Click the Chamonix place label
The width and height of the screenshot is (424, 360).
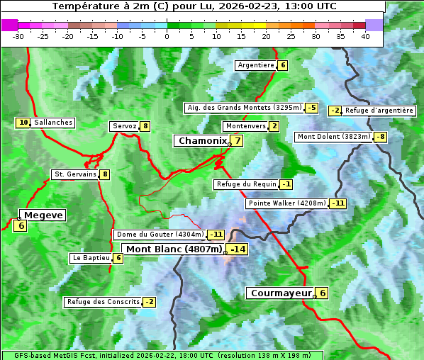(202, 141)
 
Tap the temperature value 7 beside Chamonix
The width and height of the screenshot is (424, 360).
(238, 140)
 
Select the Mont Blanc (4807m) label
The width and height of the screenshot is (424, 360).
(174, 249)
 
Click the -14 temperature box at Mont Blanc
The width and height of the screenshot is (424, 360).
(237, 249)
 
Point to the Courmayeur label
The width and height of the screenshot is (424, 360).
(281, 293)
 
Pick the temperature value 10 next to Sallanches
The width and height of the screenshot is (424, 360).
(23, 123)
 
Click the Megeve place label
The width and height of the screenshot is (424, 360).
(44, 215)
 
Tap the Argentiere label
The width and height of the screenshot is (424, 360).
(256, 65)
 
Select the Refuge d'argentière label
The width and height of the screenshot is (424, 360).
(379, 111)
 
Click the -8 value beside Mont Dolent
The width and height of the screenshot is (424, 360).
(381, 137)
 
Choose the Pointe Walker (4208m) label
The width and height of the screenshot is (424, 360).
(287, 203)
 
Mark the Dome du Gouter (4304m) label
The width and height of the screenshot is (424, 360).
(160, 235)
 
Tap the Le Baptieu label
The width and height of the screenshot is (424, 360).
(91, 258)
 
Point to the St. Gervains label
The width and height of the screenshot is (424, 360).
(75, 174)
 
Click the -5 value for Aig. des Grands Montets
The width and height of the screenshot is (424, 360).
(312, 108)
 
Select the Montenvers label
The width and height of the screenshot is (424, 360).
(245, 126)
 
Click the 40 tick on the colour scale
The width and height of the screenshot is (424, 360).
(365, 36)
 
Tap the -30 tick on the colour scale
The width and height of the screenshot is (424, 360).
(18, 36)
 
